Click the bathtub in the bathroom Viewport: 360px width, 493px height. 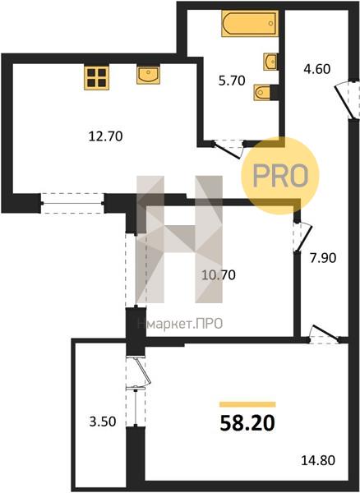(x=250, y=24)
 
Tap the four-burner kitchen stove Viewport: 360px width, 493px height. (x=96, y=78)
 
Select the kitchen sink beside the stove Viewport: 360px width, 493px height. (x=148, y=75)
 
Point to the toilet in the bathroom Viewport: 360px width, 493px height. (x=262, y=92)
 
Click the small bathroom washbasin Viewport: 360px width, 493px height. (x=270, y=62)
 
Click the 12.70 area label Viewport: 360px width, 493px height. (x=106, y=136)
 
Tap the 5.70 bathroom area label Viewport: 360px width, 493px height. (x=232, y=81)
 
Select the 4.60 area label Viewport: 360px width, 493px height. (x=317, y=69)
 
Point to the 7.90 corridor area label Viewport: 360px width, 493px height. (x=323, y=258)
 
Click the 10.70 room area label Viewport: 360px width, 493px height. (x=219, y=275)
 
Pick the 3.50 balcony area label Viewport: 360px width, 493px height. (x=103, y=422)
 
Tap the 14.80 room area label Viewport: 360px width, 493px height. (x=318, y=461)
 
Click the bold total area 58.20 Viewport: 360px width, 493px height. (x=247, y=423)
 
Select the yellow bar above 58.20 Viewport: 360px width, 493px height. (x=247, y=404)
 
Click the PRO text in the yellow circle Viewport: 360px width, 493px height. (x=280, y=176)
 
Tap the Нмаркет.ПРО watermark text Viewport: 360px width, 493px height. (x=180, y=324)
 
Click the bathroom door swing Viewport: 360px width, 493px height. (x=228, y=149)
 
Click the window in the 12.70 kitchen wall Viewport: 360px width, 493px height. (x=72, y=204)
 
